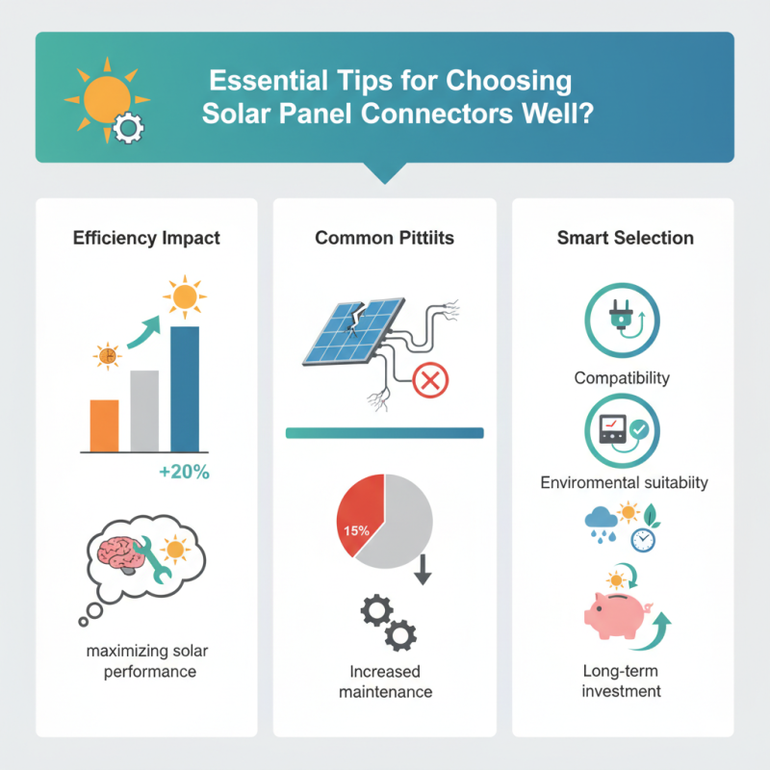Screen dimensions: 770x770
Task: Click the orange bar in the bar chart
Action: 104,425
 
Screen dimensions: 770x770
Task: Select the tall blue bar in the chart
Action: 185,389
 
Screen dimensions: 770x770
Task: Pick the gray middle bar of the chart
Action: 144,411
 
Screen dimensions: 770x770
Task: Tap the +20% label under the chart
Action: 184,473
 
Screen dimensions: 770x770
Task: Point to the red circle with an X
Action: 428,381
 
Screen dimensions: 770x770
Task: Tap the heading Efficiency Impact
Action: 146,237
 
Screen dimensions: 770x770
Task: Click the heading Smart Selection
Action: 625,237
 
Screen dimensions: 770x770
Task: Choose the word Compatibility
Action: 622,377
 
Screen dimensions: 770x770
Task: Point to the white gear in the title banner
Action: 126,129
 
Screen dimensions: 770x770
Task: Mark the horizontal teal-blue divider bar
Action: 384,433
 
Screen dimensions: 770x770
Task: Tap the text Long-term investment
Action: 622,680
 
